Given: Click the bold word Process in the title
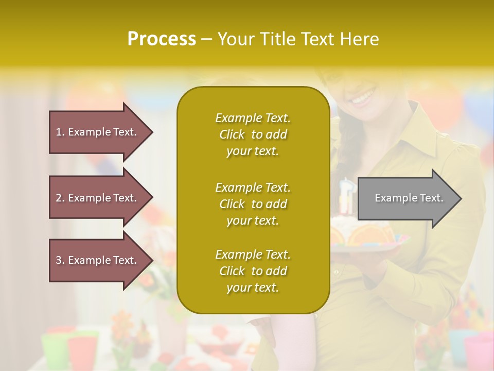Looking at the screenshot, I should (x=162, y=39).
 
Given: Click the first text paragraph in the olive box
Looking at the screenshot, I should (x=253, y=134).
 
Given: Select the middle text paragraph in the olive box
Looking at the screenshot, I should (x=253, y=204).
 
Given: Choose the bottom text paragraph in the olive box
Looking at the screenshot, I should (x=253, y=271).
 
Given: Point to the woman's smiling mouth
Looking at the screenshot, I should (x=363, y=96).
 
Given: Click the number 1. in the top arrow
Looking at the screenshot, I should (x=60, y=132).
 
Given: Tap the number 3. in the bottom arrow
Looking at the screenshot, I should (x=60, y=260).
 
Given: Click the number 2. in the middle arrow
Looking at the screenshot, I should (x=60, y=198).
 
